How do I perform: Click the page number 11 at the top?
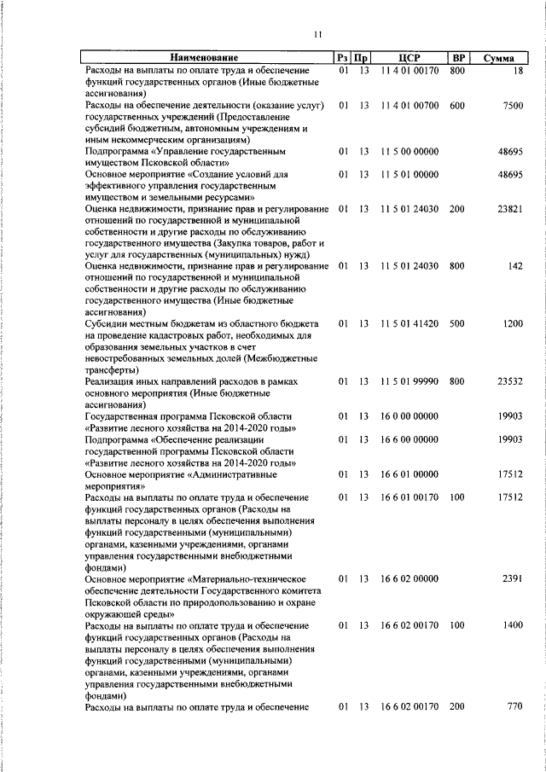[317, 34]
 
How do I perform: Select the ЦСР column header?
[409, 58]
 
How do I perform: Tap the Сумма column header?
[497, 58]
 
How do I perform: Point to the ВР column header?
[458, 58]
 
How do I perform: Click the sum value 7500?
[512, 105]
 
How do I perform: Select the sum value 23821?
[509, 209]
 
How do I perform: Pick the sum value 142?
[514, 266]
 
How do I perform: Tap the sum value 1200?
[512, 324]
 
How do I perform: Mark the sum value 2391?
[512, 578]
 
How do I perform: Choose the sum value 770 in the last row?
[514, 706]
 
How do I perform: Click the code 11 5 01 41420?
[409, 324]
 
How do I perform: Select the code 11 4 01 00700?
[409, 105]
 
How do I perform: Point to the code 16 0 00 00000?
[409, 416]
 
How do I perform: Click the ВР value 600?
[457, 105]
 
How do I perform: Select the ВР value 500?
[457, 324]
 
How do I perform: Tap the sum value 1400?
[512, 625]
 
